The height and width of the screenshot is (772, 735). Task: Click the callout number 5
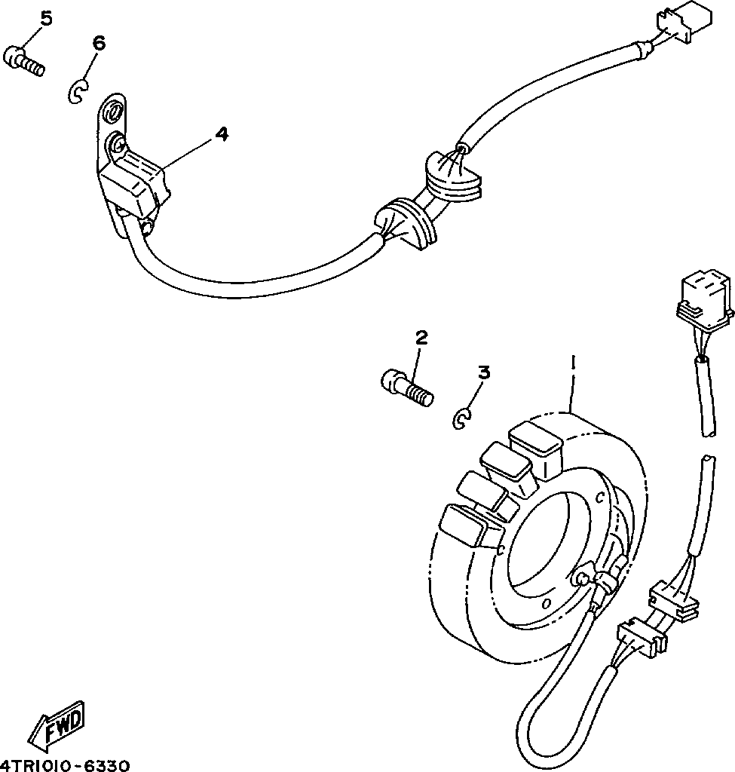coord(46,19)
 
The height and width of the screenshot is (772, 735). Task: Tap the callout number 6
coord(99,43)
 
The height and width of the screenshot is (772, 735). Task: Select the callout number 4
coord(221,133)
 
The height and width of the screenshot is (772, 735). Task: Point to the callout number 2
coord(421,337)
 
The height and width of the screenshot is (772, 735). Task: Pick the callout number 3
coord(483,372)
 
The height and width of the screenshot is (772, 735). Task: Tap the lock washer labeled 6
coord(78,92)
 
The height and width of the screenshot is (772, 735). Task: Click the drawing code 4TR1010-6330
coord(66,764)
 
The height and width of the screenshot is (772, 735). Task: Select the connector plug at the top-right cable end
coord(686,21)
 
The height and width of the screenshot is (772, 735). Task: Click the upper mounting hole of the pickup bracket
coord(112,113)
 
